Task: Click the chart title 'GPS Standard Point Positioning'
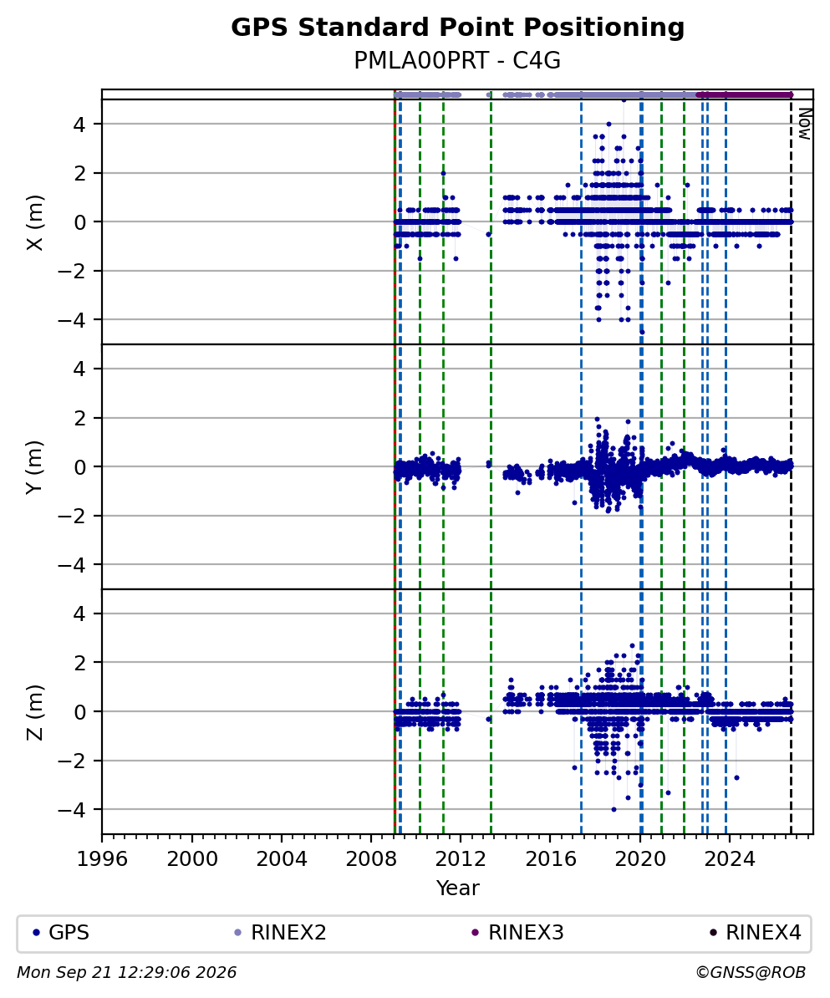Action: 458,28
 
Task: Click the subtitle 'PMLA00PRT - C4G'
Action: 458,60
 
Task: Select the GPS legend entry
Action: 60,933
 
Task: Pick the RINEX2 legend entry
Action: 280,933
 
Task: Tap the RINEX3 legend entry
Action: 517,933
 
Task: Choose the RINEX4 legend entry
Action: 755,933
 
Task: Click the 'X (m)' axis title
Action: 35,222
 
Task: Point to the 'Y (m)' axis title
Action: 35,466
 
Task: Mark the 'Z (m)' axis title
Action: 35,712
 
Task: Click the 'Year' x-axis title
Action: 458,888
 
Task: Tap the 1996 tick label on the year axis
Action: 103,859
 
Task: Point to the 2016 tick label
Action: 551,859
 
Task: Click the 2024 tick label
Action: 730,859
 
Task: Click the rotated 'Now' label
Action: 805,124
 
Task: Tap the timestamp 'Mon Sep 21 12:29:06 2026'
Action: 127,973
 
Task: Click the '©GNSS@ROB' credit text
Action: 751,973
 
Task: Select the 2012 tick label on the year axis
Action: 461,859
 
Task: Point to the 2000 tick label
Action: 192,859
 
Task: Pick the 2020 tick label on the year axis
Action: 640,859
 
